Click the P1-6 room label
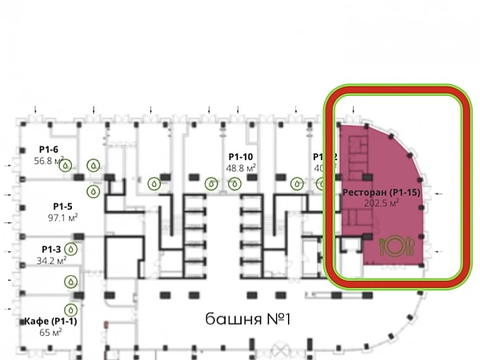coord(48,149)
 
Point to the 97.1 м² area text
coord(62,218)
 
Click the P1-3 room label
coord(50,249)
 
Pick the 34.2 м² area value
coord(51,260)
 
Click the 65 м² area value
coord(51,332)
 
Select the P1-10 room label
coord(240,157)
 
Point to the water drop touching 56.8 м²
coord(67,166)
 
